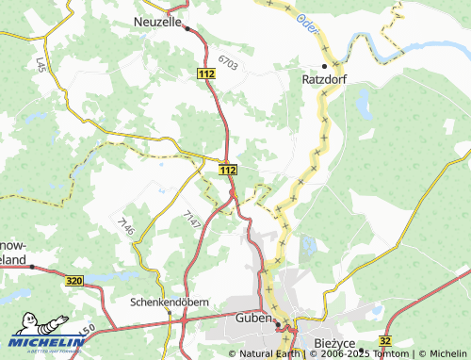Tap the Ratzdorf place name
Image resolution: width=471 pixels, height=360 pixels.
tap(325, 80)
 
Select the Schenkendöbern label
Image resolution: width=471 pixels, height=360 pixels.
tap(169, 304)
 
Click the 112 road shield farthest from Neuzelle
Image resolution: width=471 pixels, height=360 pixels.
tap(227, 170)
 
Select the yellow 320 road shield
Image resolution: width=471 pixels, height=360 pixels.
tap(75, 281)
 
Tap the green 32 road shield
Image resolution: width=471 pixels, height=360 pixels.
tap(384, 340)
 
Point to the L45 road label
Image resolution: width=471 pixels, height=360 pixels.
tap(40, 65)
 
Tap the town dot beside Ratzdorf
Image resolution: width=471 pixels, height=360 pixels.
tap(325, 66)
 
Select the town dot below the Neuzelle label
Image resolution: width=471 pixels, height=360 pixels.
tap(187, 29)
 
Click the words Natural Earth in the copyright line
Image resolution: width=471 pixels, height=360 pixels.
tap(268, 354)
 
